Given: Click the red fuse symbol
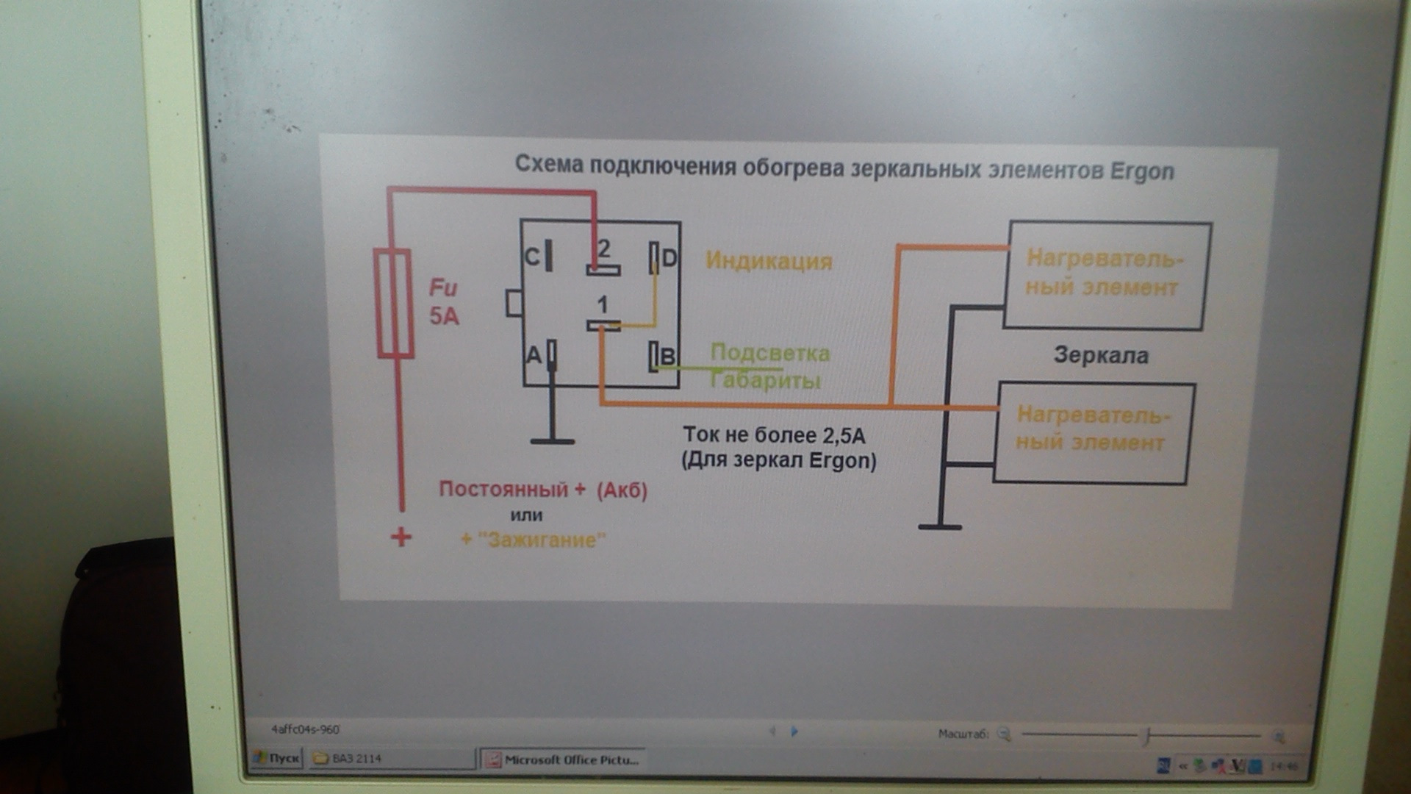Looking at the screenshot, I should coord(394,303).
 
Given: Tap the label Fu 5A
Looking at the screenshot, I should coord(444,301).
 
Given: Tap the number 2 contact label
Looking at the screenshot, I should coord(603,249).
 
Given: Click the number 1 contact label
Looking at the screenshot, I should coord(602,304).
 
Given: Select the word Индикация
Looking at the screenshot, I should coord(769,261).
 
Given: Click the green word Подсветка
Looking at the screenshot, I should coord(770,353).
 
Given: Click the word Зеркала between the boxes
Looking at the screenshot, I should coord(1101,356).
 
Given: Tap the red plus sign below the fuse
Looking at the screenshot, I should coord(401,537).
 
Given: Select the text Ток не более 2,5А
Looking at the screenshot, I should coord(774,435).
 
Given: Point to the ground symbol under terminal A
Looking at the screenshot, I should coord(552,441).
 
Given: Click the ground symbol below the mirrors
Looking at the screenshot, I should coord(940,526).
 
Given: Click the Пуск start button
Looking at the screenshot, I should coord(277,758).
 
